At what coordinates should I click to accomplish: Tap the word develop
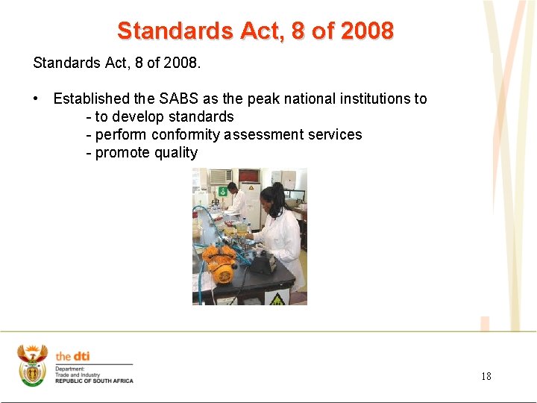click(x=137, y=116)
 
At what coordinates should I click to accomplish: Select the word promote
click(x=123, y=153)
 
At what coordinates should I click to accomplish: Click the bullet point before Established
click(x=37, y=99)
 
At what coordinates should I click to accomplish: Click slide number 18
click(x=486, y=376)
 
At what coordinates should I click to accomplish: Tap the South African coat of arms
click(x=32, y=365)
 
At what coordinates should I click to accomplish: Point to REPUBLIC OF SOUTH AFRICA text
click(x=94, y=381)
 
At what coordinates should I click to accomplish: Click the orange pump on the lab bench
click(x=221, y=265)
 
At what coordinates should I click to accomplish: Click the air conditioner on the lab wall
click(x=220, y=178)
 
